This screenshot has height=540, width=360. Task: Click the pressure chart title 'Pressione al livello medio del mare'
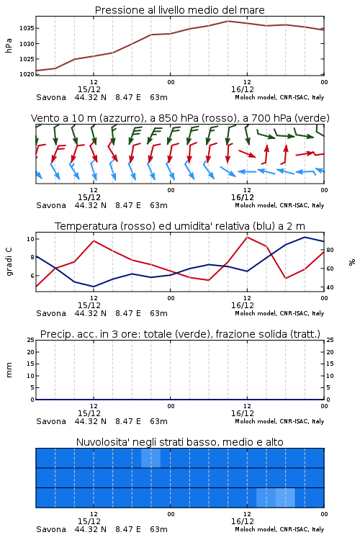tap(179, 10)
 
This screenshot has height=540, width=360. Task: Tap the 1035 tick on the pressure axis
tap(27, 28)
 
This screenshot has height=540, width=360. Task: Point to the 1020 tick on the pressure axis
tap(27, 74)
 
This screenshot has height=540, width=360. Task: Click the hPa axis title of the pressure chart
tap(9, 45)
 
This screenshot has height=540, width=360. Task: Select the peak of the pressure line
tap(228, 21)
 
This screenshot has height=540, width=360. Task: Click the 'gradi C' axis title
tap(9, 262)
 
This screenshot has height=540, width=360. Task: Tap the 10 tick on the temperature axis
tap(30, 239)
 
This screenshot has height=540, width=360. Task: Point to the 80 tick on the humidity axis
tap(330, 250)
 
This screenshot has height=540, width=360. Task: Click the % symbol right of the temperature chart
tap(352, 262)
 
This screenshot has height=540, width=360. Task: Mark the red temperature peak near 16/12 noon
tap(248, 237)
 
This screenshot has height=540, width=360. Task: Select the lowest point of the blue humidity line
tap(94, 287)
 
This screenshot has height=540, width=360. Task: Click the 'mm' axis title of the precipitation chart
tap(9, 370)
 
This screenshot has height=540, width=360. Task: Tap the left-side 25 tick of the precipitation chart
tap(31, 340)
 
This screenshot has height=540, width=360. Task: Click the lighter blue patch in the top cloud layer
tap(151, 458)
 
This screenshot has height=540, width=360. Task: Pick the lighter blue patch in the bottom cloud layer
tap(276, 498)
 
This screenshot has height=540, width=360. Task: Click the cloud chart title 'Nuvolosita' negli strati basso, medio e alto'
tap(179, 442)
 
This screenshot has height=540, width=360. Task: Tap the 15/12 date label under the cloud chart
tap(89, 521)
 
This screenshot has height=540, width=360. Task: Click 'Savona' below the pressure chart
tap(51, 97)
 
